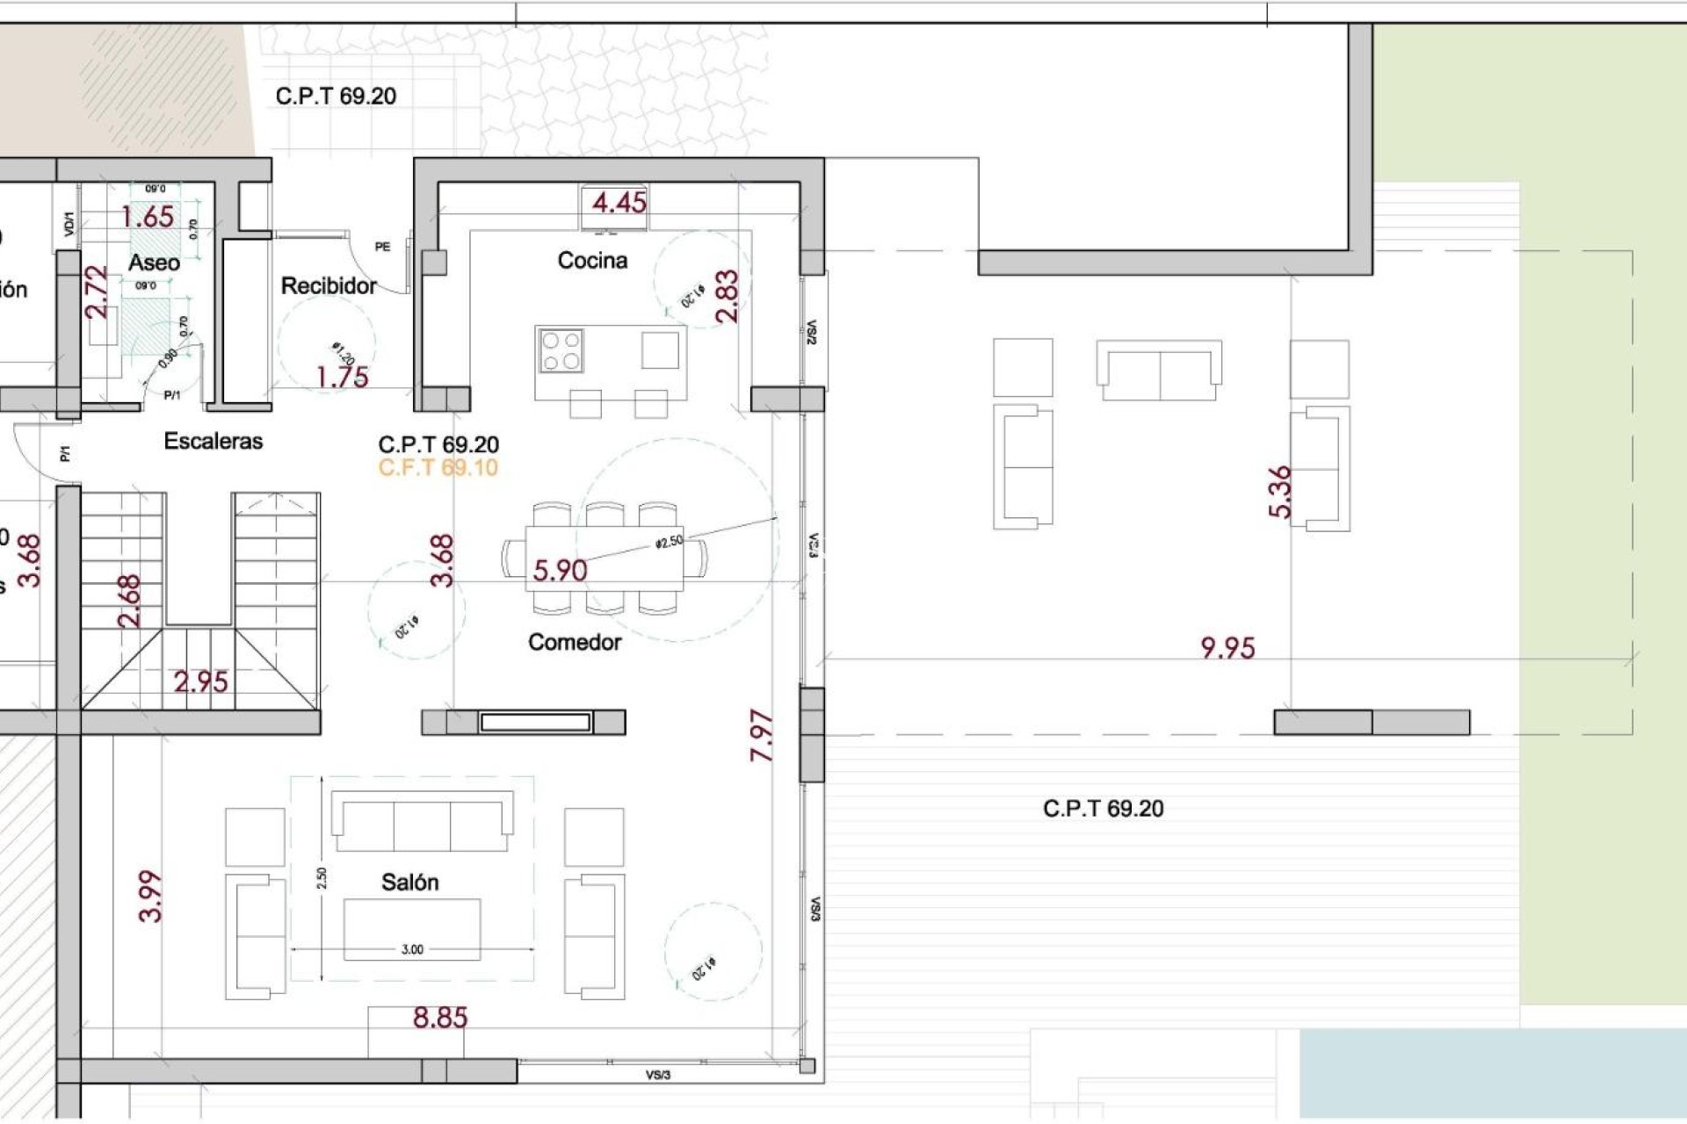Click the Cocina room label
(x=592, y=261)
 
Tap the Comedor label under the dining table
(x=575, y=643)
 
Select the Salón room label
(x=409, y=883)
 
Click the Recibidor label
(x=329, y=286)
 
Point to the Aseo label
(x=154, y=263)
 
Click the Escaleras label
(x=213, y=441)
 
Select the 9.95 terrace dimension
(x=1227, y=648)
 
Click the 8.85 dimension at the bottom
(x=440, y=1018)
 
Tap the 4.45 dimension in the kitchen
(x=619, y=203)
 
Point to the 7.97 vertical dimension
(x=762, y=735)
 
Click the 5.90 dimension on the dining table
(x=560, y=571)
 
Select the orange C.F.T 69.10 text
(x=438, y=468)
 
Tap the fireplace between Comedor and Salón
(x=534, y=722)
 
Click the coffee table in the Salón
(x=411, y=929)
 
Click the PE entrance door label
(x=382, y=247)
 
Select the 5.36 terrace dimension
(x=1280, y=492)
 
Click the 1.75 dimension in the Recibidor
(x=342, y=378)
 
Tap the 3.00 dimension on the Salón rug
(x=412, y=949)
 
